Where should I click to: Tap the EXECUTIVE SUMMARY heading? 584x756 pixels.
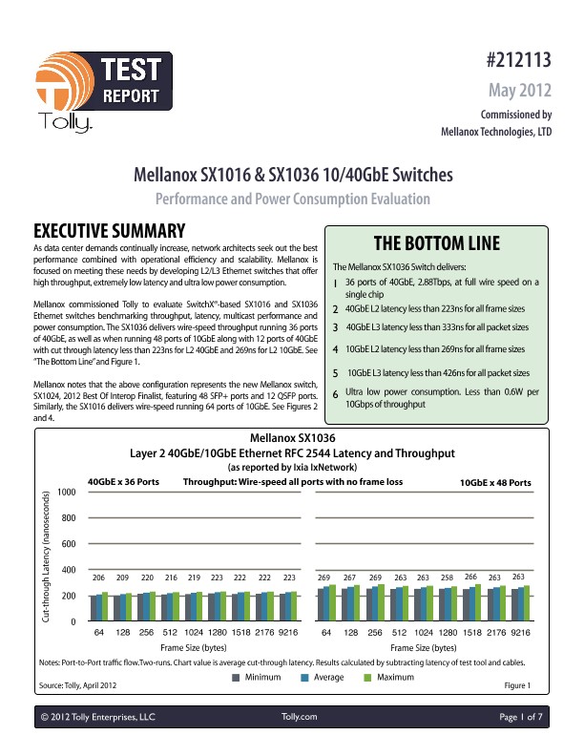pos(109,232)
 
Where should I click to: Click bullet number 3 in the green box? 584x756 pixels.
pos(335,327)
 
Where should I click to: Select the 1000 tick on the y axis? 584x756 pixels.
pos(66,492)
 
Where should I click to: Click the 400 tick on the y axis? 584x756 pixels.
pos(66,570)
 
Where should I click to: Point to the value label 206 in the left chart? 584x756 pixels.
pos(97,578)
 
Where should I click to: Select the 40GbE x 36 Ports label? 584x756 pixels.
pos(123,483)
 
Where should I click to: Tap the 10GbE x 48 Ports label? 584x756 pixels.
pos(495,484)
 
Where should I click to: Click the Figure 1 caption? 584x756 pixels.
pos(515,684)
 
